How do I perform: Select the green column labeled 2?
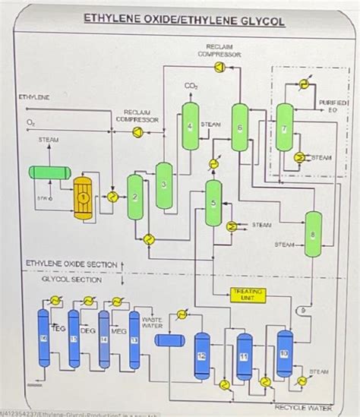point(135,199)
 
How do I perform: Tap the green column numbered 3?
point(163,185)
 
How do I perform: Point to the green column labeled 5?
point(215,202)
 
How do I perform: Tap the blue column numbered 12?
point(201,355)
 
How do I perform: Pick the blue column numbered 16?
point(43,336)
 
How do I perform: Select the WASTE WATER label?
point(153,323)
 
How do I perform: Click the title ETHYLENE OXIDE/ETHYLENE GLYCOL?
point(184,21)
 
